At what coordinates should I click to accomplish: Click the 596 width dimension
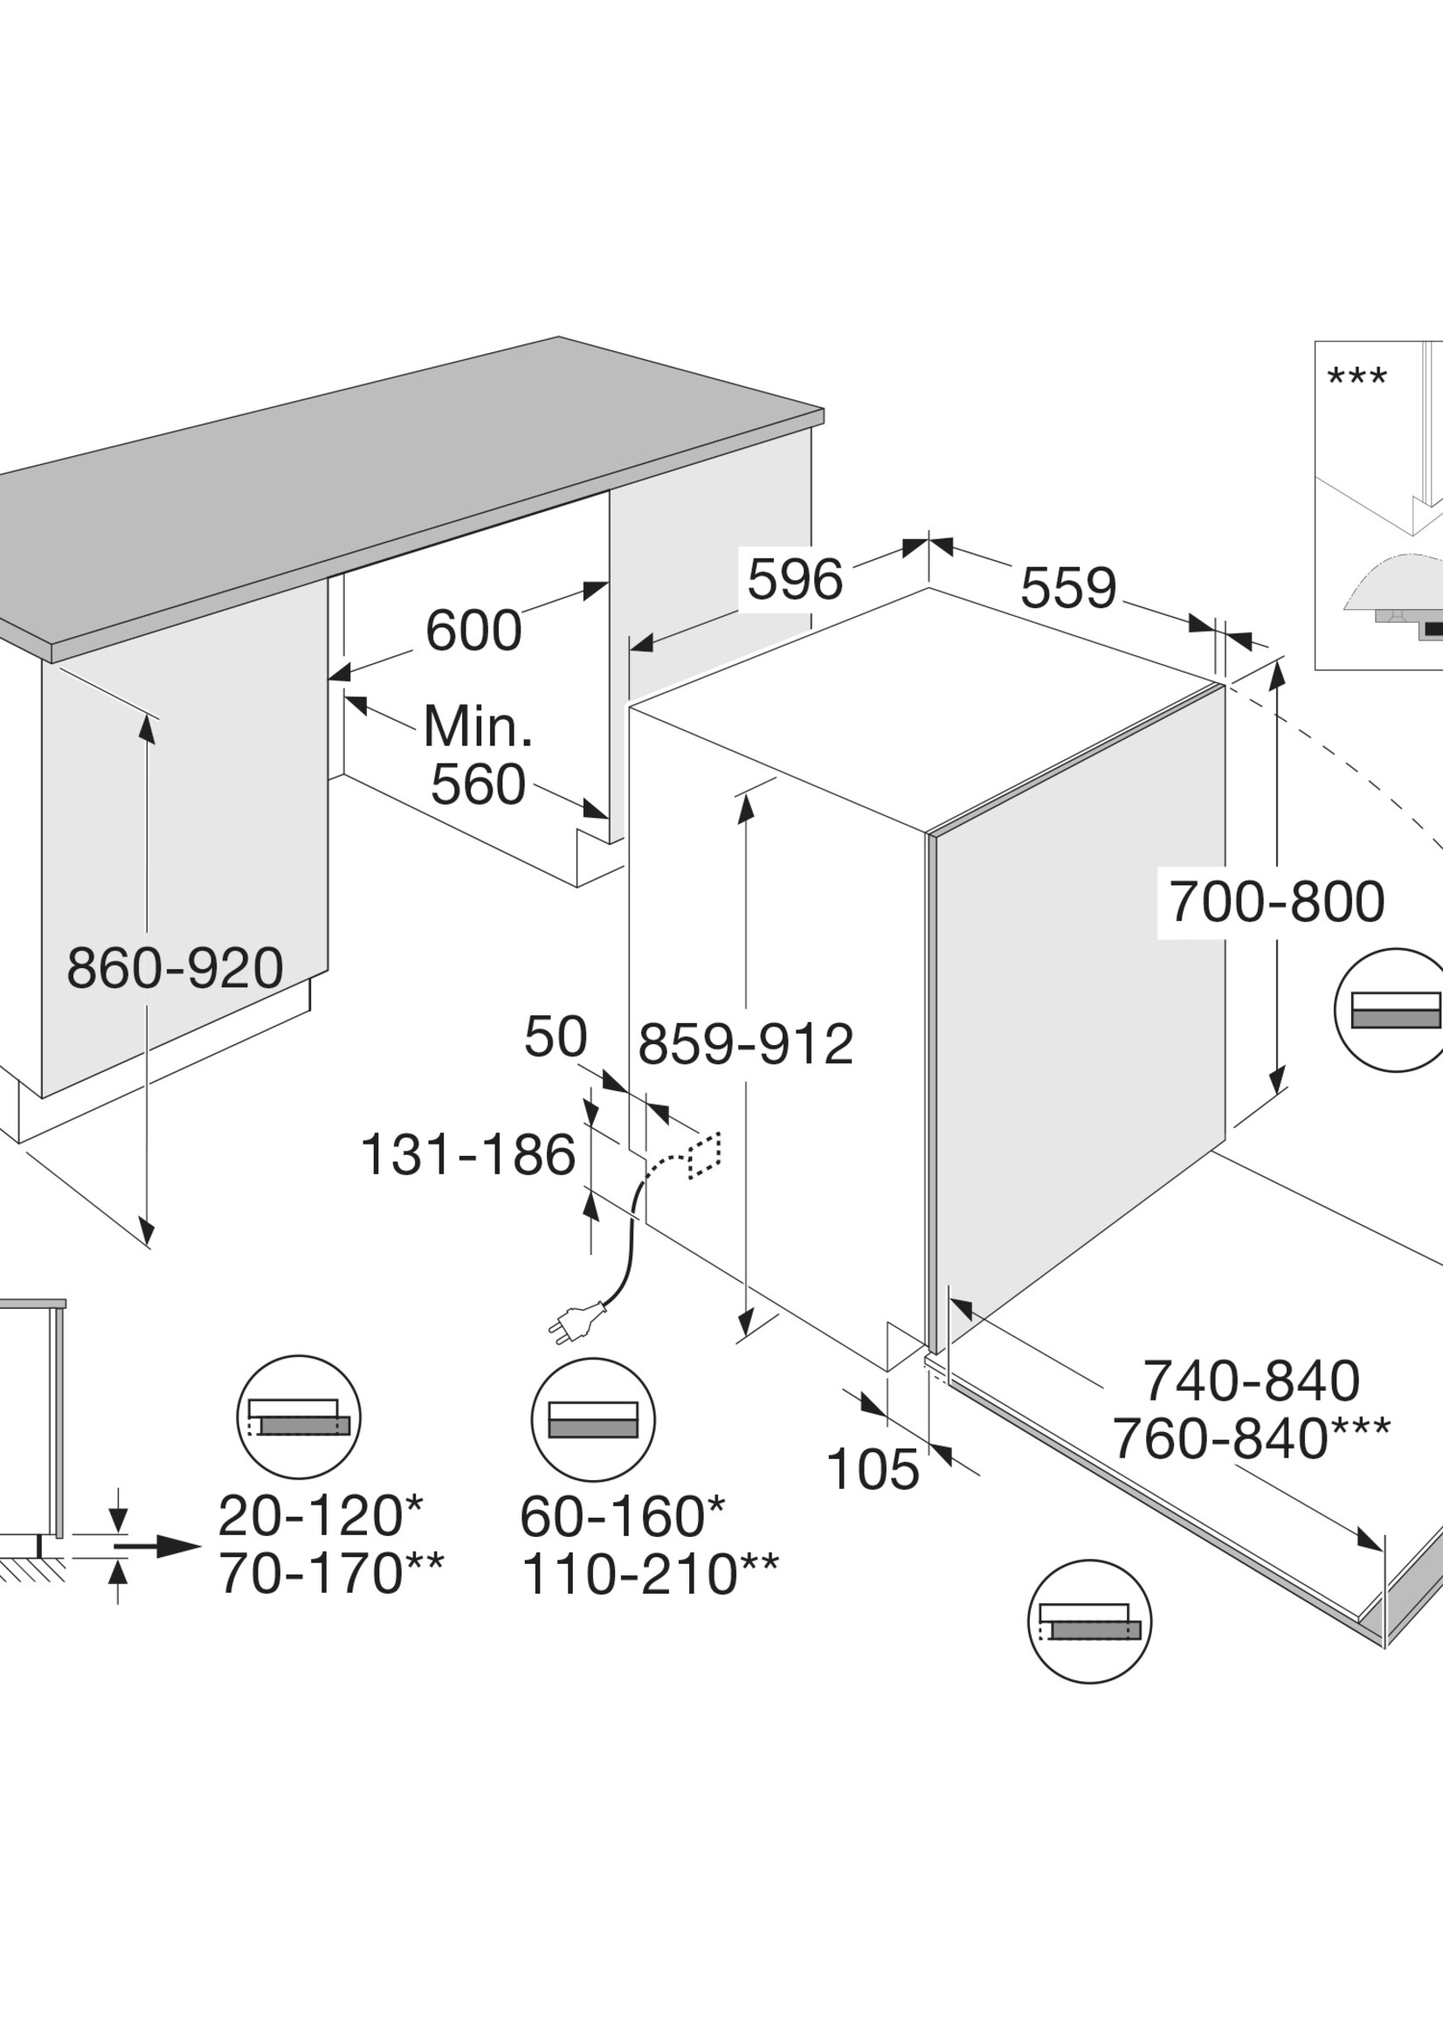(794, 579)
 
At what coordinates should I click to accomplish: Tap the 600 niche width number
(473, 630)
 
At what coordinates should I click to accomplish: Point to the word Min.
(478, 726)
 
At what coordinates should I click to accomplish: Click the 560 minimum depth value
(478, 785)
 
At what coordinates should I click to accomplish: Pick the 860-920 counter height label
(175, 968)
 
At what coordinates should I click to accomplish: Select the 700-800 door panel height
(1277, 902)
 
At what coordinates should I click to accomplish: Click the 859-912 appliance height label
(745, 1044)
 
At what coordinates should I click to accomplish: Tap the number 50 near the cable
(556, 1036)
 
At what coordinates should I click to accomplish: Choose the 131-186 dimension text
(468, 1154)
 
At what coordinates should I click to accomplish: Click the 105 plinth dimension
(873, 1469)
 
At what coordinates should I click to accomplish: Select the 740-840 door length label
(1251, 1381)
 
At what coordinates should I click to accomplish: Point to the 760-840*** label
(1251, 1439)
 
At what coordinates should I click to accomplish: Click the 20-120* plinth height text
(321, 1516)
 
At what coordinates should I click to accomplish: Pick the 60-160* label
(622, 1517)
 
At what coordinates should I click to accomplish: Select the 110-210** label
(650, 1575)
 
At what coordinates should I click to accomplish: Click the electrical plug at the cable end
(577, 1324)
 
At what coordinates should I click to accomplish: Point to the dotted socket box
(705, 1155)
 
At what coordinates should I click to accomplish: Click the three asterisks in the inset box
(1357, 377)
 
